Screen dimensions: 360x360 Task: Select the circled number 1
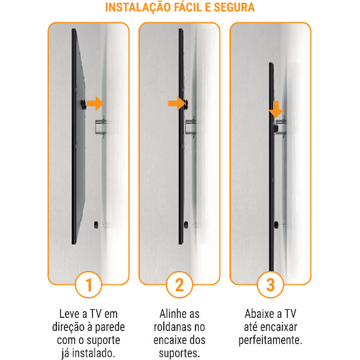pyautogui.click(x=88, y=284)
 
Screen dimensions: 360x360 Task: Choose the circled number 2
pyautogui.click(x=179, y=284)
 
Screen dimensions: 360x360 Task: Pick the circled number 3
pyautogui.click(x=270, y=284)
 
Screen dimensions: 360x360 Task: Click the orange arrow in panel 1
pyautogui.click(x=95, y=103)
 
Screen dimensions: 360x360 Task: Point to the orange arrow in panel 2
pyautogui.click(x=177, y=103)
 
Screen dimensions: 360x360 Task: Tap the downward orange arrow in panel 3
pyautogui.click(x=276, y=109)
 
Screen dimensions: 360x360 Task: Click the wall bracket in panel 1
pyautogui.click(x=100, y=126)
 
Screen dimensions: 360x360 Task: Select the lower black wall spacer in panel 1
pyautogui.click(x=96, y=225)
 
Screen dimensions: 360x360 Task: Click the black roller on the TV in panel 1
pyautogui.click(x=83, y=104)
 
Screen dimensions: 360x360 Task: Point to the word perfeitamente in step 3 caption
pyautogui.click(x=270, y=340)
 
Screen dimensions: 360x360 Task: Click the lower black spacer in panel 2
pyautogui.click(x=186, y=225)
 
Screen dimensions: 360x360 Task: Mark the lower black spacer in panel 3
pyautogui.click(x=276, y=225)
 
